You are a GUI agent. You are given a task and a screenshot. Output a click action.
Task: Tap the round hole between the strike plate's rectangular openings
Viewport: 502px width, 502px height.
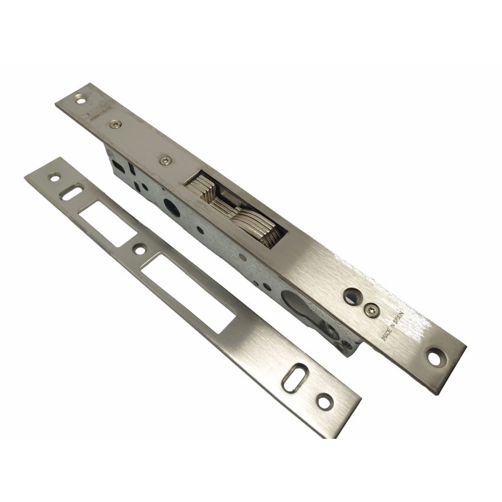(140, 250)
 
